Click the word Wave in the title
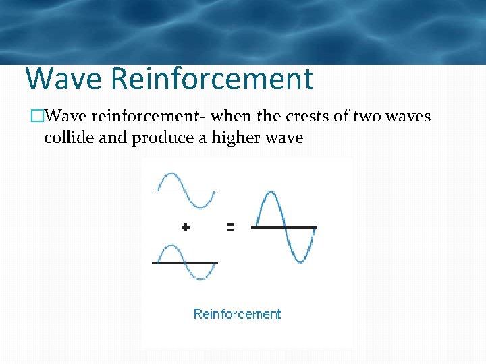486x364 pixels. [64, 79]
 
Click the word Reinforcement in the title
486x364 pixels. [212, 79]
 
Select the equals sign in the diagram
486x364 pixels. [230, 227]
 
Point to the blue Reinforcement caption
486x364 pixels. [237, 314]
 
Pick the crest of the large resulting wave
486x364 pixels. [270, 194]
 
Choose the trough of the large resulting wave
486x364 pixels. [300, 260]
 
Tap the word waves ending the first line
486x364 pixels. [409, 117]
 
